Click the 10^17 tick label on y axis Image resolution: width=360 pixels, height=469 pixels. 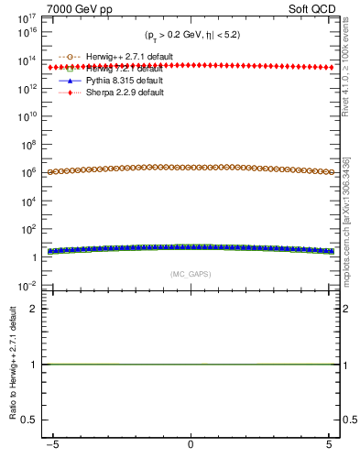[x=27, y=17]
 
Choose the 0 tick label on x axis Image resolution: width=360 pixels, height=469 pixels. [x=191, y=445]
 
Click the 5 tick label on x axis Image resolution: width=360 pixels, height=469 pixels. [x=329, y=445]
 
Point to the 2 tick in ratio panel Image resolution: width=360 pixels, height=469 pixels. [x=37, y=309]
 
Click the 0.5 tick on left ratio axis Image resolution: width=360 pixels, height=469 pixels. [x=32, y=420]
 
